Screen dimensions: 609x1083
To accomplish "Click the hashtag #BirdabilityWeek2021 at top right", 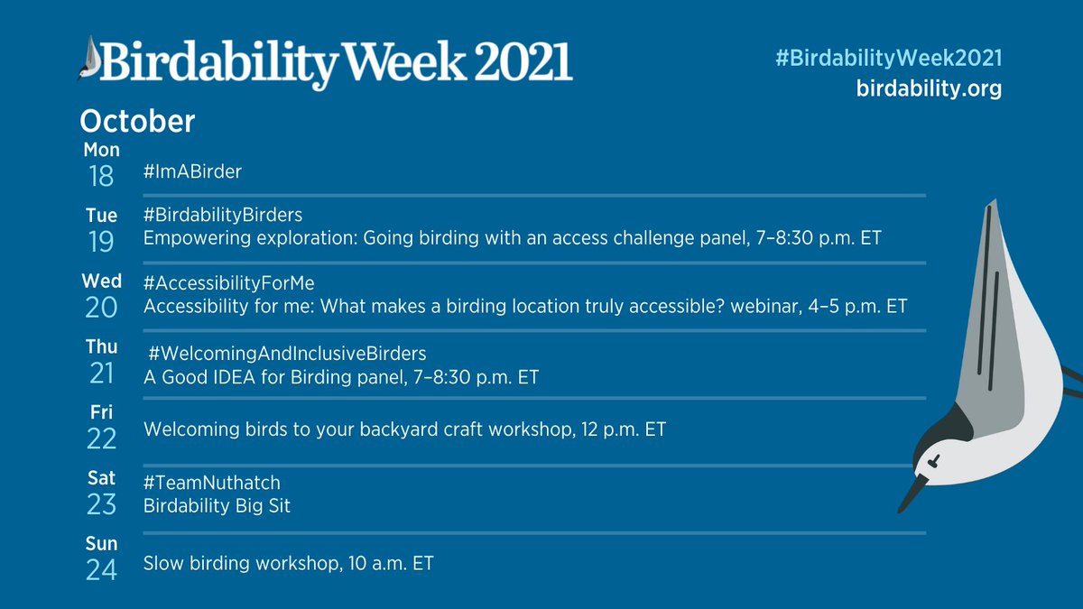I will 888,58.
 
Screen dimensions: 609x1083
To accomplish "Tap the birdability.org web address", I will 929,90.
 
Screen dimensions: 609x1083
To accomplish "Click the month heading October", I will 137,122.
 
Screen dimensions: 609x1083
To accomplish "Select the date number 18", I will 101,175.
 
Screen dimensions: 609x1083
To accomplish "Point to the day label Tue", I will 101,216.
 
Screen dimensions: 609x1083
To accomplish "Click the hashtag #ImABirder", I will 192,171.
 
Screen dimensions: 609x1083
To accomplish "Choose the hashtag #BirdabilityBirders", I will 223,215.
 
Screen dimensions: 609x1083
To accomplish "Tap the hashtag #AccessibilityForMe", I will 228,282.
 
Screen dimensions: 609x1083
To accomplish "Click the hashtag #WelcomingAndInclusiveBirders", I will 287,352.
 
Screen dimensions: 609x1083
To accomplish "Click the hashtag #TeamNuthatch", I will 211,484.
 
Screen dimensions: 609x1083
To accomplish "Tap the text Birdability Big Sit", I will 217,506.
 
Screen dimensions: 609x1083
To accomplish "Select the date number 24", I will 101,569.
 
